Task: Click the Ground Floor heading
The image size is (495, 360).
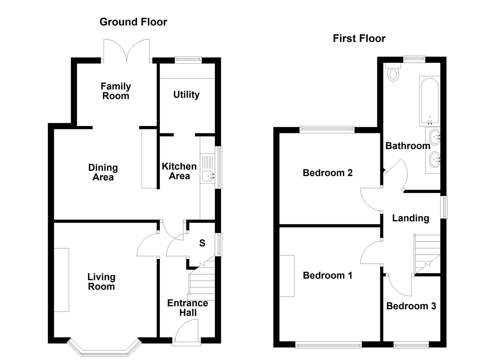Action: coord(133,22)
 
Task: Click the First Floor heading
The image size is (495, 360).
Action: coord(359,38)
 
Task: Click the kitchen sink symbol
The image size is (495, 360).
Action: coord(208,175)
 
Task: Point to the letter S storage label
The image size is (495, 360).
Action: coord(202,243)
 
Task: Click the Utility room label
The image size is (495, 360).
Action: coord(186,95)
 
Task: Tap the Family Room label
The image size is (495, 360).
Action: coord(116,91)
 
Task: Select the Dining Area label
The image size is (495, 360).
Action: coord(103,172)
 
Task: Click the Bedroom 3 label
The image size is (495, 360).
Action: coord(411,306)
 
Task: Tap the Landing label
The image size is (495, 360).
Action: coord(410,218)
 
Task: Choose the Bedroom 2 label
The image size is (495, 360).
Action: coord(327,173)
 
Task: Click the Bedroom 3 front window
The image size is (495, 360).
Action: coord(411,346)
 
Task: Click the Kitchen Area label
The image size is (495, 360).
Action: coord(179,171)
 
